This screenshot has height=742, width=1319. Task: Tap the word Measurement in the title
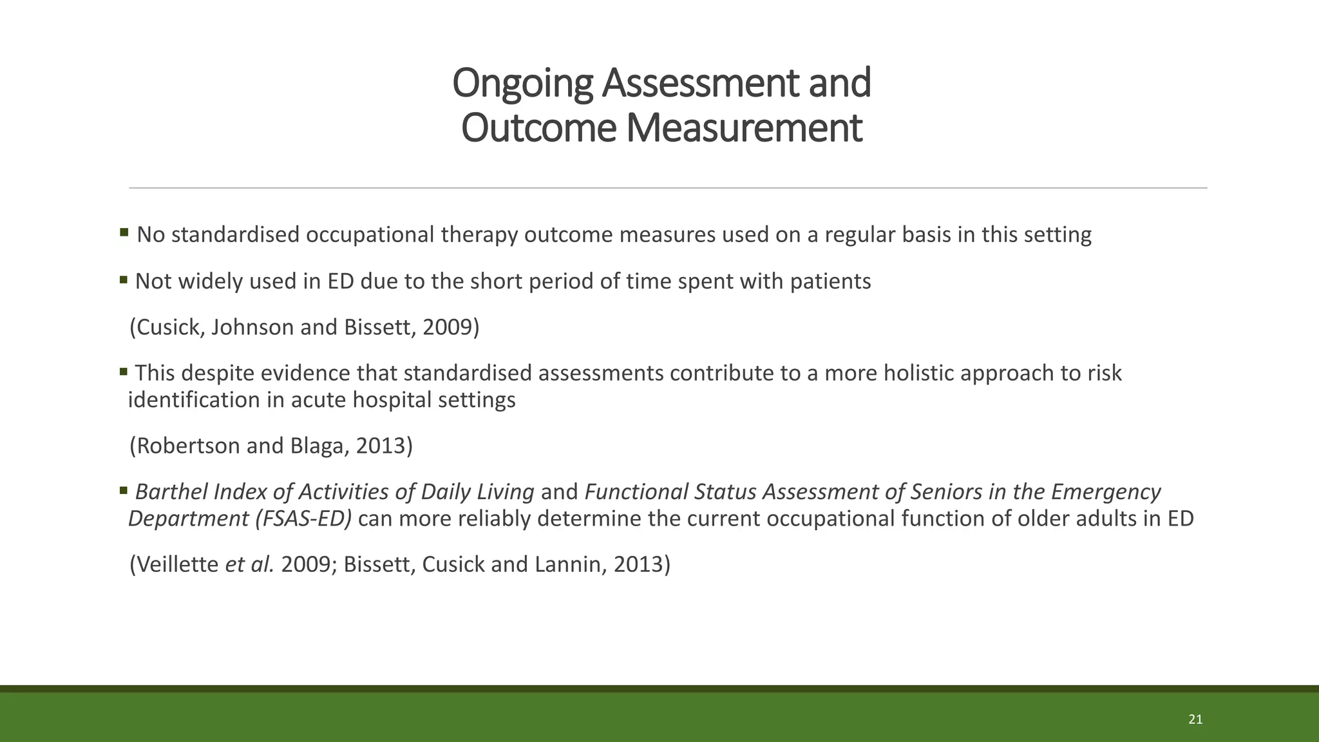743,128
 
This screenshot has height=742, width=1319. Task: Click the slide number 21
1195,719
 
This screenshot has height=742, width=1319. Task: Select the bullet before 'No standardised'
124,231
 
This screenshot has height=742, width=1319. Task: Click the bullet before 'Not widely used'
124,280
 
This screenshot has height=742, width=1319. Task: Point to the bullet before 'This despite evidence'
124,371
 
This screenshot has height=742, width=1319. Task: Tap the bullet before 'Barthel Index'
124,490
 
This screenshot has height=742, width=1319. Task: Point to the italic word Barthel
171,492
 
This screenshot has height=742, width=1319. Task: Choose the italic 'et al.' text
249,565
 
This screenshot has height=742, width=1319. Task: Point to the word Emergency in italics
1106,492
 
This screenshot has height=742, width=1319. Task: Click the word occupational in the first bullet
370,234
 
